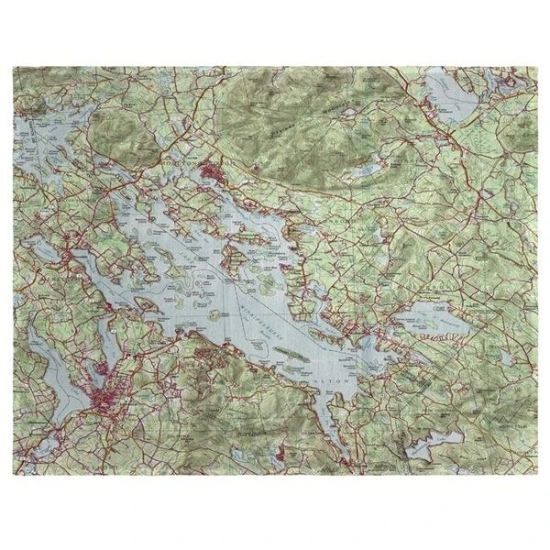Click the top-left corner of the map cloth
click(x=17, y=65)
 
